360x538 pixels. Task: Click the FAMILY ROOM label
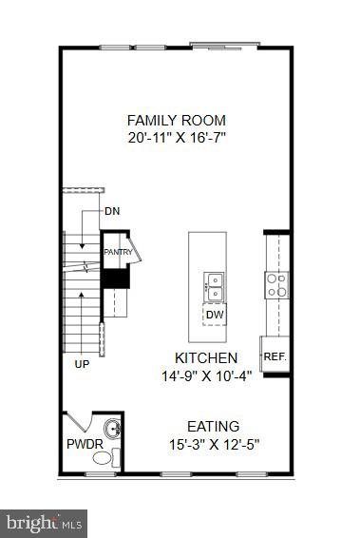click(x=177, y=120)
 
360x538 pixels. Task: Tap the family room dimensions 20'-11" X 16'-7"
click(x=177, y=137)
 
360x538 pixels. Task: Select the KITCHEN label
click(x=205, y=357)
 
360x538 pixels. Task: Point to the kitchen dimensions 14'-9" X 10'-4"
click(x=205, y=375)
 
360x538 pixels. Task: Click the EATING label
click(x=213, y=426)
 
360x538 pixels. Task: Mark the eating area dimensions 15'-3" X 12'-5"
click(x=213, y=443)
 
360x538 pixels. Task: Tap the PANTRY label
click(x=117, y=252)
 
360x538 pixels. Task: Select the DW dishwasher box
click(x=214, y=315)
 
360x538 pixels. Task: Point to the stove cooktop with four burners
click(x=276, y=285)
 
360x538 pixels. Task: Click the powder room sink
click(x=113, y=429)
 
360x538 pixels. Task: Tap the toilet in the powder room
click(x=101, y=459)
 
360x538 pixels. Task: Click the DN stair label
click(x=112, y=210)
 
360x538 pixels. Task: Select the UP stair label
click(x=83, y=363)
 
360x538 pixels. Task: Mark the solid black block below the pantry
click(x=115, y=279)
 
